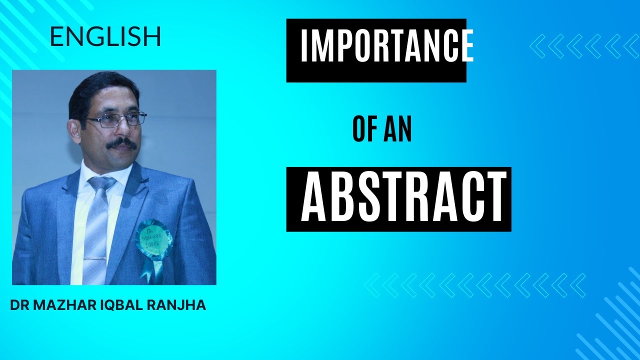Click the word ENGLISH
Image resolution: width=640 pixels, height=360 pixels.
105,37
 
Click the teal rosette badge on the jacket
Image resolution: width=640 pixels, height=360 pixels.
153,237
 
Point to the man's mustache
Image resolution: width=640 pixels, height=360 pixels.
122,144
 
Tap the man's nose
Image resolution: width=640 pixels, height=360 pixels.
125,130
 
